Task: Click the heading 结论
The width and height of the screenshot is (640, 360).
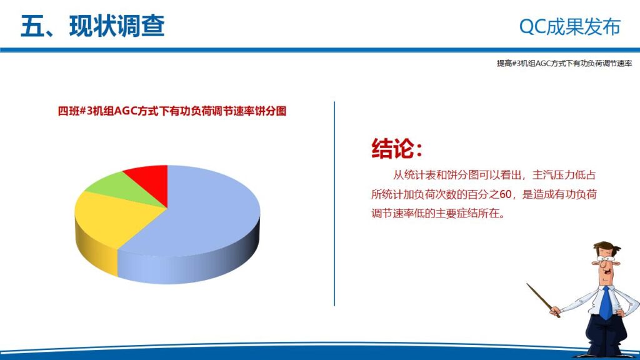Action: pyautogui.click(x=396, y=148)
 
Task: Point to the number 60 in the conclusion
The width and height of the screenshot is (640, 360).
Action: pyautogui.click(x=506, y=194)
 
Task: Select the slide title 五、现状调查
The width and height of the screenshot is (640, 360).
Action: pyautogui.click(x=92, y=26)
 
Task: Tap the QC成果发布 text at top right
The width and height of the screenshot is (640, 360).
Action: pyautogui.click(x=570, y=27)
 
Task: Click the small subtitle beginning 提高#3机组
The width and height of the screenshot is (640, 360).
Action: pyautogui.click(x=564, y=63)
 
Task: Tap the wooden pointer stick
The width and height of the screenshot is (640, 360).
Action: pyautogui.click(x=542, y=300)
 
